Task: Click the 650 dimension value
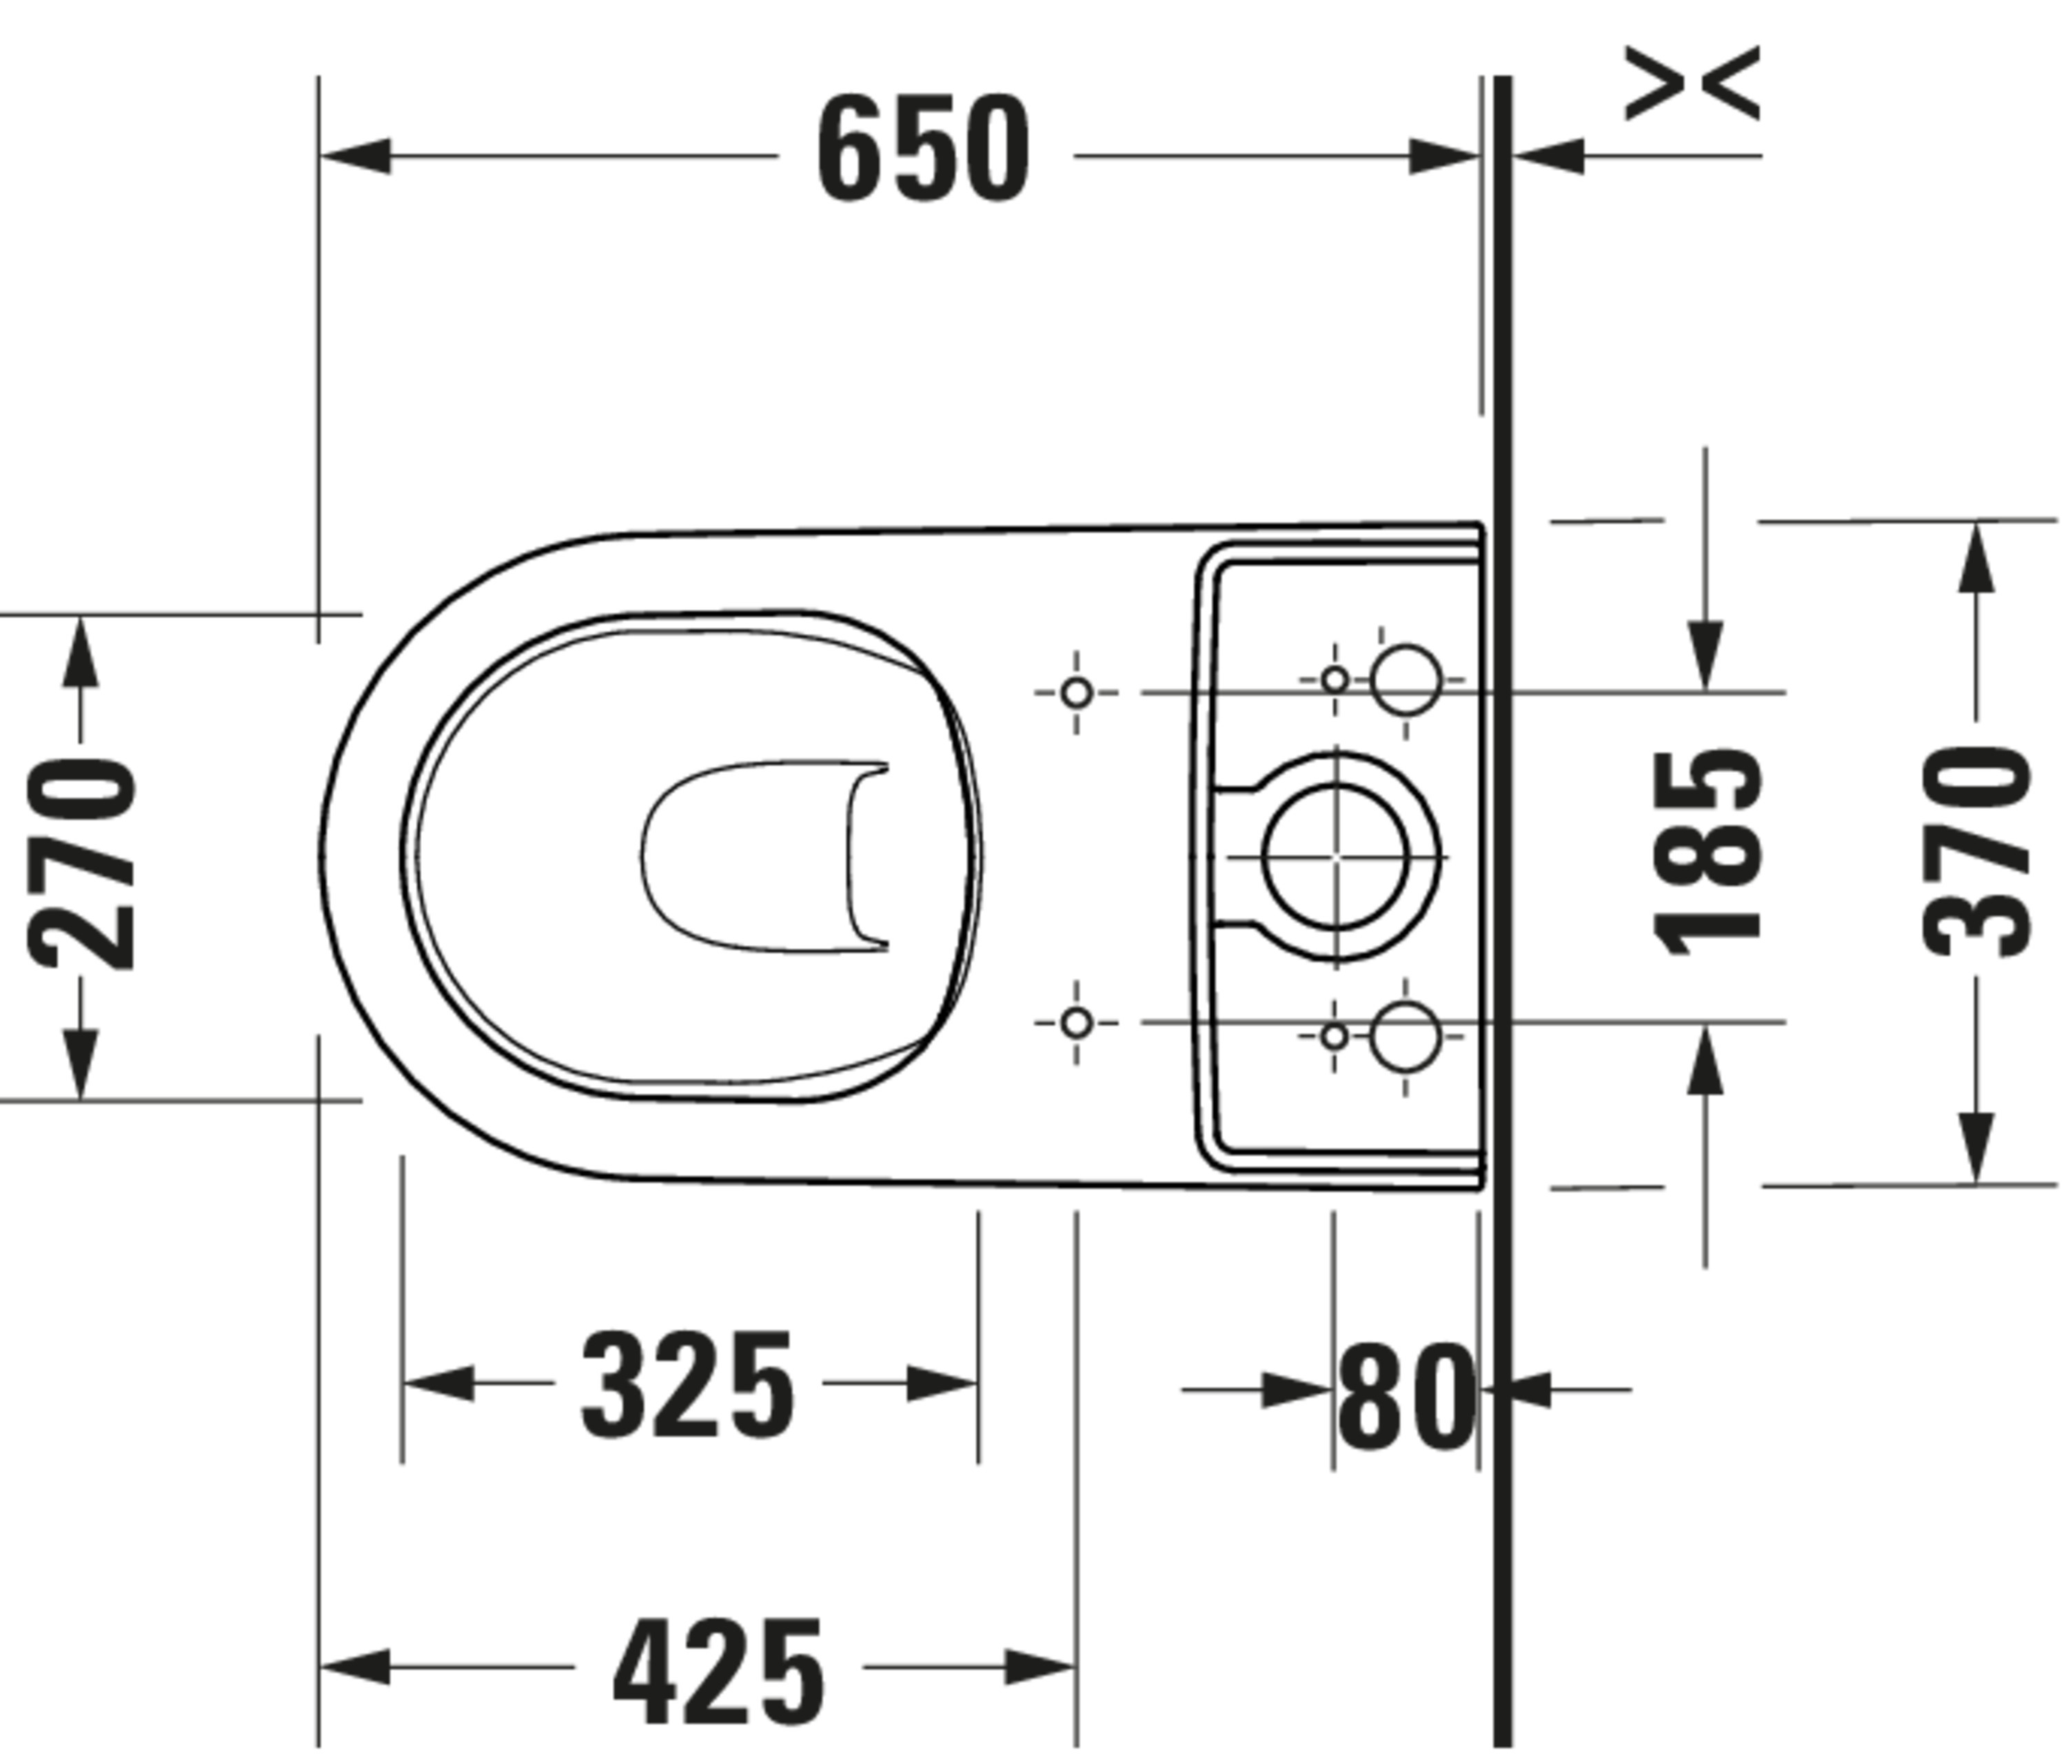pos(923,149)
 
